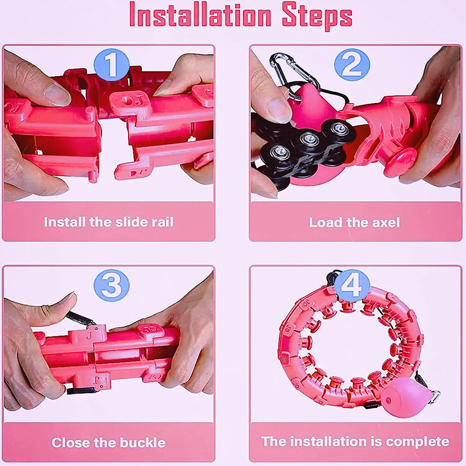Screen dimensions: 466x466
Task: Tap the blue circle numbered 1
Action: (112, 65)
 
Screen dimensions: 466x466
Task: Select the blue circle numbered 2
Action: (352, 65)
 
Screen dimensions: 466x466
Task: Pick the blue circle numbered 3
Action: (112, 286)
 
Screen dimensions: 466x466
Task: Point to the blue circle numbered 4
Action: (352, 286)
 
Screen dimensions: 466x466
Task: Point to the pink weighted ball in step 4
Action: (405, 399)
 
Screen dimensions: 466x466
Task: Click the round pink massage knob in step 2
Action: (400, 162)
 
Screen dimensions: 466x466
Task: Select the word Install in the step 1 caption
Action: (64, 222)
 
